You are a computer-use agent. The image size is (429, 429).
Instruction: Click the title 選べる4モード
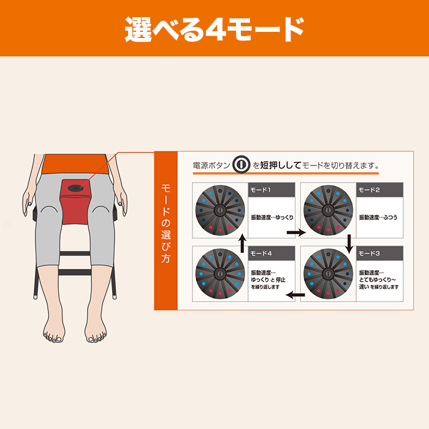214,28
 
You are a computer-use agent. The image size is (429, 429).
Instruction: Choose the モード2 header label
369,190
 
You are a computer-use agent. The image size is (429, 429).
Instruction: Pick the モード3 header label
369,253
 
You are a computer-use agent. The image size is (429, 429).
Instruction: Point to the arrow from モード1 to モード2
296,233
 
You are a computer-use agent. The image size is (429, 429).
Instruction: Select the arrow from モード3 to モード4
296,295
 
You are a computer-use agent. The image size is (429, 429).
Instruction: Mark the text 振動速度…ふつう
379,218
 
